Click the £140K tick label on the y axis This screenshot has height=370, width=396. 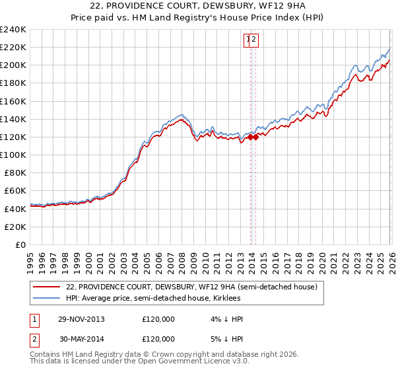click(x=13, y=119)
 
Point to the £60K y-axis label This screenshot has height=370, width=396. click(x=15, y=190)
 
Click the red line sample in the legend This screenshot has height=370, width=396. click(x=47, y=287)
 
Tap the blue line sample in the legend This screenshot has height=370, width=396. click(x=47, y=298)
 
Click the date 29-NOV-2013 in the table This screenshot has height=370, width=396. click(x=81, y=319)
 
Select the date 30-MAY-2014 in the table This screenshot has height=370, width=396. click(x=81, y=339)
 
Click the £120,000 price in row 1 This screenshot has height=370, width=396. click(x=158, y=319)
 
